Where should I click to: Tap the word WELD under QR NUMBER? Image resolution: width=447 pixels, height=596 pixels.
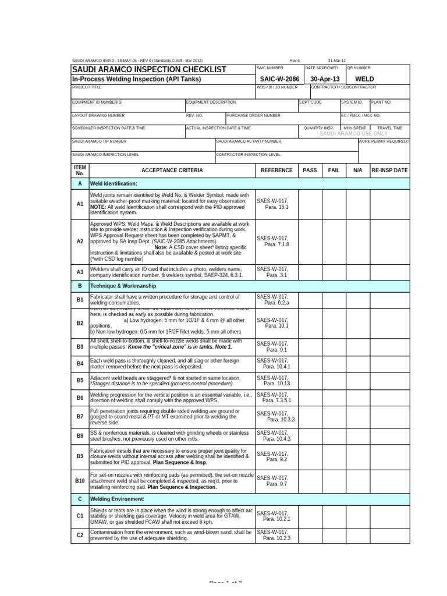coord(364,79)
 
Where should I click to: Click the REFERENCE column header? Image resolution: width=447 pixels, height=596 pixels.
coord(276,170)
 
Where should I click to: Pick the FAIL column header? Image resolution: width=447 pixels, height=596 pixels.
coord(334,170)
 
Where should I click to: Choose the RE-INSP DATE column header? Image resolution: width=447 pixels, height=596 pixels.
coord(389,170)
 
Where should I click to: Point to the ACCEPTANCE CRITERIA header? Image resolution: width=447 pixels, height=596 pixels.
coord(172,170)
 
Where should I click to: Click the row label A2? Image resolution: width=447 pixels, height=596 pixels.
coord(80,240)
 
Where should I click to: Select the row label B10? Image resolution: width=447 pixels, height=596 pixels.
coord(80,481)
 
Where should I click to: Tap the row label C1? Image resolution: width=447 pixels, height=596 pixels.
coord(80,516)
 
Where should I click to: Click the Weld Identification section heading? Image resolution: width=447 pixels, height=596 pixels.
coord(113,183)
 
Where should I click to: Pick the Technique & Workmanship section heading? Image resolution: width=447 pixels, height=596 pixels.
coord(123,286)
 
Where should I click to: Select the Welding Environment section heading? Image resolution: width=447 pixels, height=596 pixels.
coord(117,499)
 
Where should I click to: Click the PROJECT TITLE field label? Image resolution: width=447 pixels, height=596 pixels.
coord(87,87)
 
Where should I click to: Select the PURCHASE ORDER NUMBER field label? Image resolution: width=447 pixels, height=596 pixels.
coord(254,115)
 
